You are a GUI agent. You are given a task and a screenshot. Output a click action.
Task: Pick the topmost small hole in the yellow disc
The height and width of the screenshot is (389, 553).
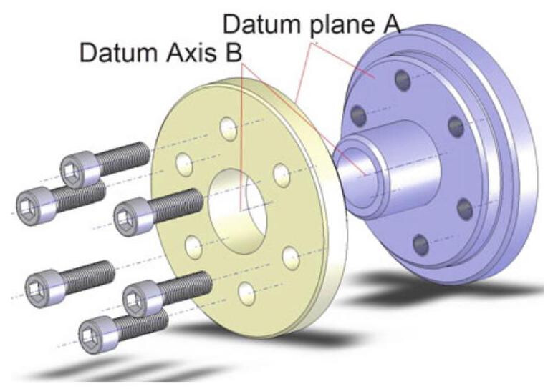click(228, 129)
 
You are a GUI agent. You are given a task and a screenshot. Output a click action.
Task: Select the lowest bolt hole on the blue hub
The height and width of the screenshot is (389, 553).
click(421, 245)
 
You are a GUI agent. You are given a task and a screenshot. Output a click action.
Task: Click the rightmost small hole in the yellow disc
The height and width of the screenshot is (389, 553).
click(289, 255)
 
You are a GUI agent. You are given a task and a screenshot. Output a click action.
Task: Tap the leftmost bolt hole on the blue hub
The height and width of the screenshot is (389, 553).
click(359, 115)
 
